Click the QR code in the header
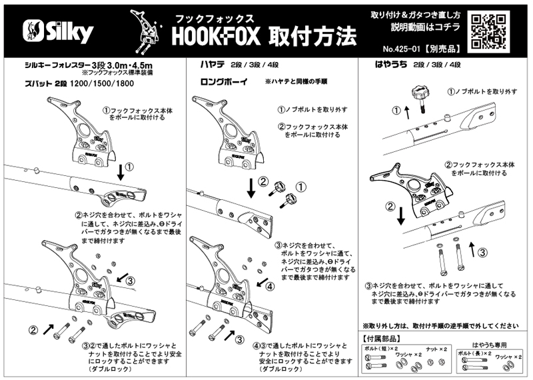pyautogui.click(x=492, y=31)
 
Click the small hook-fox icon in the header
pyautogui.click(x=147, y=33)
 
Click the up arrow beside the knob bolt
pyautogui.click(x=398, y=110)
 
